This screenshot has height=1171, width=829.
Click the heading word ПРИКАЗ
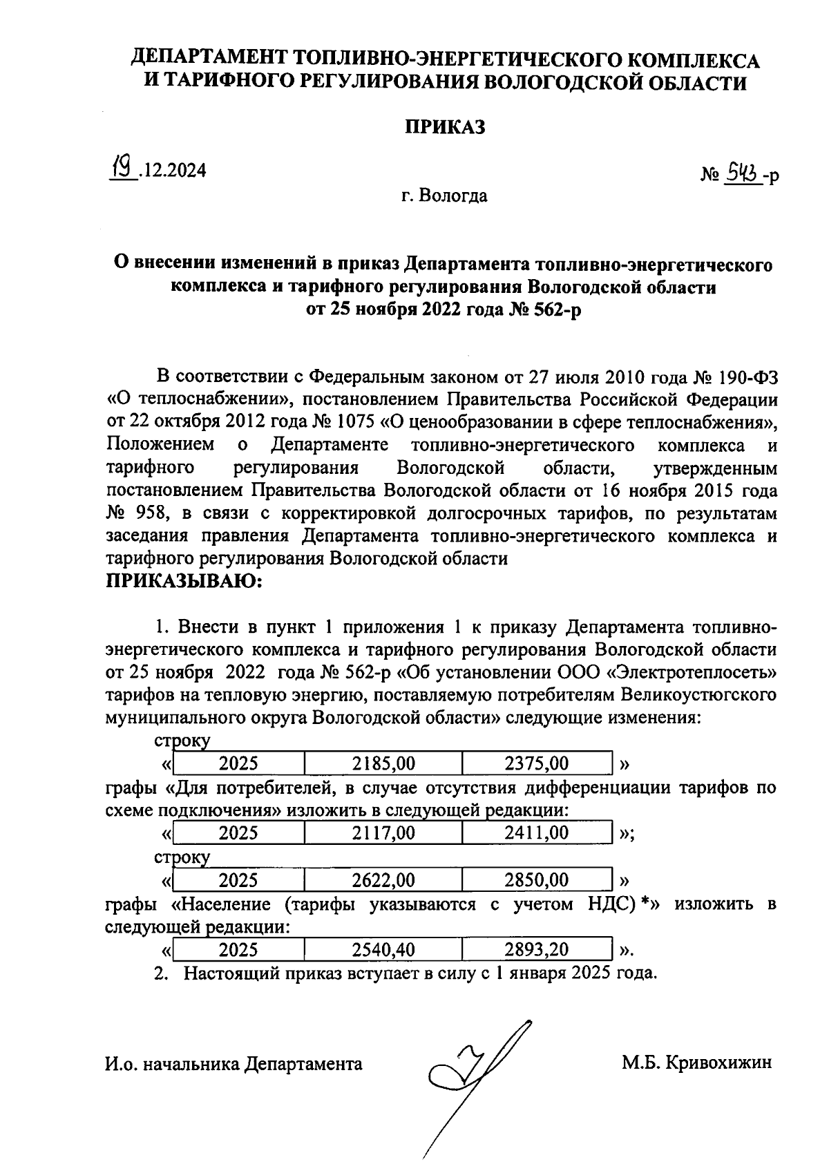tap(444, 127)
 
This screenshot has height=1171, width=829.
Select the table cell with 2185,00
tap(383, 763)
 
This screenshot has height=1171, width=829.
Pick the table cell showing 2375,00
tap(537, 763)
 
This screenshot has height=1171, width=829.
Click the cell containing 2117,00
tap(383, 833)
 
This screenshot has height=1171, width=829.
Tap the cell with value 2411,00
tap(537, 833)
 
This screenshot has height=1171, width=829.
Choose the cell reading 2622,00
tap(383, 880)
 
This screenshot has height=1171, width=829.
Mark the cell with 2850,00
tap(537, 880)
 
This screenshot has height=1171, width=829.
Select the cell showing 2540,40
tap(383, 950)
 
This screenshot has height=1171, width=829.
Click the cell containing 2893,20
tap(537, 950)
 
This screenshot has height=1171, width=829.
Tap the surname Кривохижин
tap(718, 1063)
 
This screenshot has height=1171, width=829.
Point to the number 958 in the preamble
tap(151, 514)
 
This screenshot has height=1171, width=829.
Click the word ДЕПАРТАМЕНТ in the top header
tap(210, 59)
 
